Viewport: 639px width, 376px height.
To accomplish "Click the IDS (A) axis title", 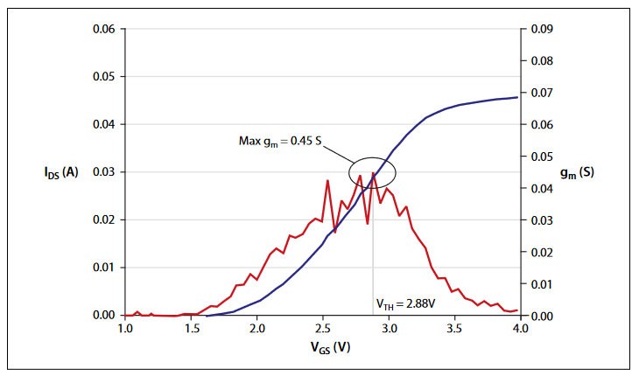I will pyautogui.click(x=62, y=172).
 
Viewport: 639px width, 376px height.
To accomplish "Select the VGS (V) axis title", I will pyautogui.click(x=322, y=347).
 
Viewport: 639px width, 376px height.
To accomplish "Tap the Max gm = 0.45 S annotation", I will pyautogui.click(x=281, y=140).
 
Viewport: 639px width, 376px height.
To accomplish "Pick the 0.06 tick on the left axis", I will pyautogui.click(x=103, y=29).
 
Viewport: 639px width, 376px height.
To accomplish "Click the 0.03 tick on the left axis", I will pyautogui.click(x=103, y=172).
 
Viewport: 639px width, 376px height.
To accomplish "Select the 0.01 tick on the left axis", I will pyautogui.click(x=103, y=268).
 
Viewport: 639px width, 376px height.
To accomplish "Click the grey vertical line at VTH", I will pyautogui.click(x=374, y=262).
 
